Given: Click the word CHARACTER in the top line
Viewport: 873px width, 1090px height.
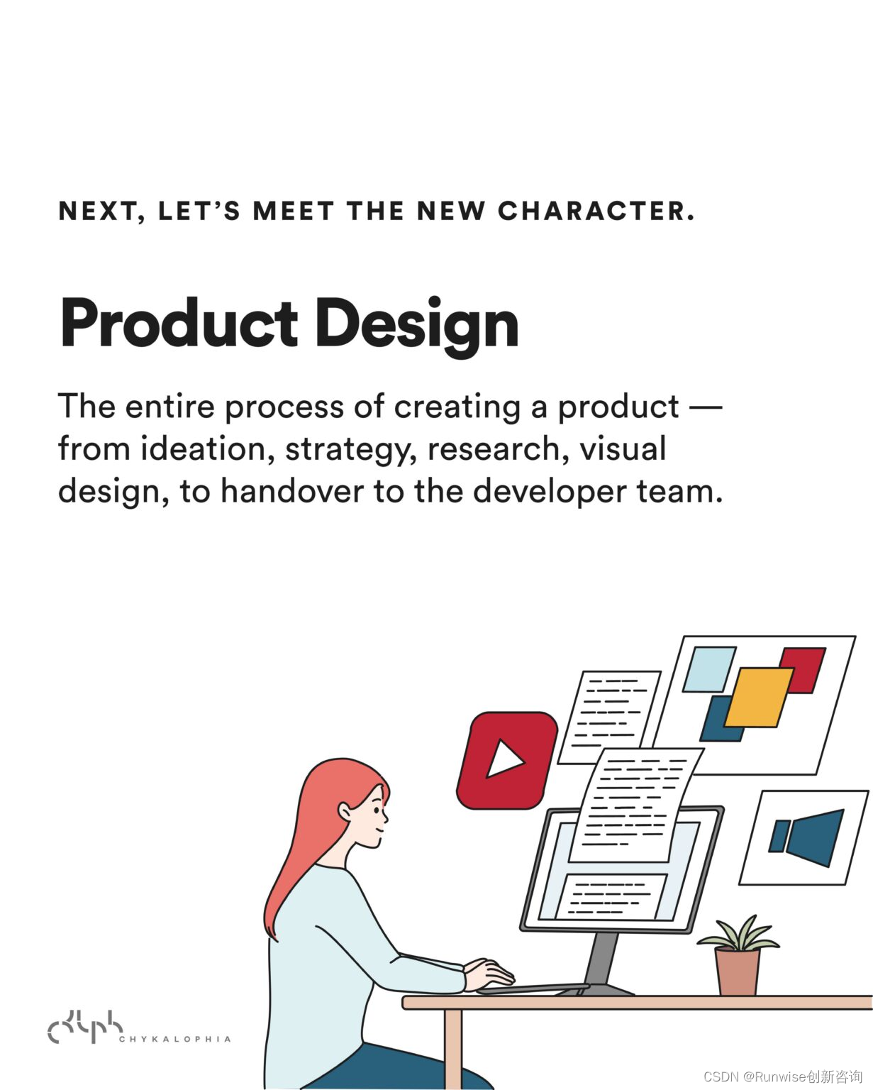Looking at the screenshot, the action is pyautogui.click(x=596, y=211).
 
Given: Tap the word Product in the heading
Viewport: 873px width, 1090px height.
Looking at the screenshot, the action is pyautogui.click(x=179, y=322).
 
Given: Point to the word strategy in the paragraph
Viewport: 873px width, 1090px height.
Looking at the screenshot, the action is pyautogui.click(x=351, y=451).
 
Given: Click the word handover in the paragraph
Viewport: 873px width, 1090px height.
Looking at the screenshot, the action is pyautogui.click(x=292, y=491).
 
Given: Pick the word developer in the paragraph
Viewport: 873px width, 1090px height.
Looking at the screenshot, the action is pyautogui.click(x=550, y=492).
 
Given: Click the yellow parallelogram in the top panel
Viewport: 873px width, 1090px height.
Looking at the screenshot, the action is pyautogui.click(x=759, y=698).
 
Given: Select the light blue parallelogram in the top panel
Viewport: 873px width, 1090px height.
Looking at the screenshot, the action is pyautogui.click(x=709, y=669).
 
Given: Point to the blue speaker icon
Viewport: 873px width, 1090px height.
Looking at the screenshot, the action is pyautogui.click(x=806, y=838).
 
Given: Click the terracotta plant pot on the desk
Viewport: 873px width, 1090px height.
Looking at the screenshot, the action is pyautogui.click(x=738, y=971).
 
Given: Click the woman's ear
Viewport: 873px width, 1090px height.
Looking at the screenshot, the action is pyautogui.click(x=345, y=813).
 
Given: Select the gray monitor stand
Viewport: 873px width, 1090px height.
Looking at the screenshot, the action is pyautogui.click(x=604, y=962).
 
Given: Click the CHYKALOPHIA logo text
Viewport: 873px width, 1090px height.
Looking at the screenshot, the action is pyautogui.click(x=175, y=1040).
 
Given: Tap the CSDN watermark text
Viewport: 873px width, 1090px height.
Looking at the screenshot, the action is pyautogui.click(x=783, y=1076).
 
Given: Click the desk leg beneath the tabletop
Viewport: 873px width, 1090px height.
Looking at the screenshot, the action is pyautogui.click(x=454, y=1048).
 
